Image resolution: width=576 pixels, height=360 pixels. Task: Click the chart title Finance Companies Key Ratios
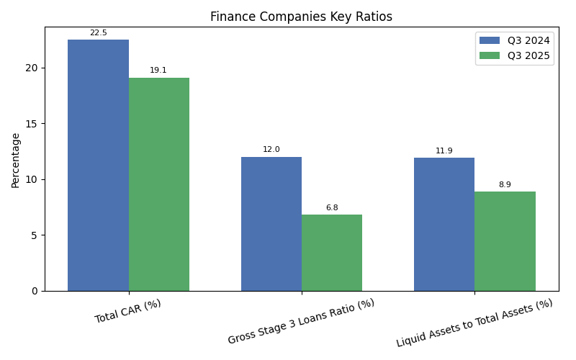301,17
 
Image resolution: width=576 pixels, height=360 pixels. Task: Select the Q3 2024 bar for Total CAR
98,165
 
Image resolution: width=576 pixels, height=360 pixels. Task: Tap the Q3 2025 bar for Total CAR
159,184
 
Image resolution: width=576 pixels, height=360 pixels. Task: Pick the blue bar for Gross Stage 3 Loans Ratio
271,224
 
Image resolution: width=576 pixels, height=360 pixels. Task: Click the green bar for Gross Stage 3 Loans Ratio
332,253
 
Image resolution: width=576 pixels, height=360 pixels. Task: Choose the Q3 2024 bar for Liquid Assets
444,224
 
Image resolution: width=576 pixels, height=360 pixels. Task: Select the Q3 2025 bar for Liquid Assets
505,241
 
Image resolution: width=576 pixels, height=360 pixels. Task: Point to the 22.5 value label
98,33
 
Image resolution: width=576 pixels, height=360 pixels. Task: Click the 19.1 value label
158,71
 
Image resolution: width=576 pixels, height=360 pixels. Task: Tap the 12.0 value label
271,150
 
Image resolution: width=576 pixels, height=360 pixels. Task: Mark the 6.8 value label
332,208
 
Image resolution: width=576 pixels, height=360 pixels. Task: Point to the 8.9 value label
505,185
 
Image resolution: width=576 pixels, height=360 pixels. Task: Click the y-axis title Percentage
16,160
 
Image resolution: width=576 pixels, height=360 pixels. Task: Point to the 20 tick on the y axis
32,68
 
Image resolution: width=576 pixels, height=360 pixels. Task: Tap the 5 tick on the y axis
35,235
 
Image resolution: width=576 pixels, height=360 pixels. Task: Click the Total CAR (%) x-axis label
128,311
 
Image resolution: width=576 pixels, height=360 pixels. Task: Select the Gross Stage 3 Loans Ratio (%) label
301,321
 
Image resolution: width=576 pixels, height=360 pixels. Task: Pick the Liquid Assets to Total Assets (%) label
474,323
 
